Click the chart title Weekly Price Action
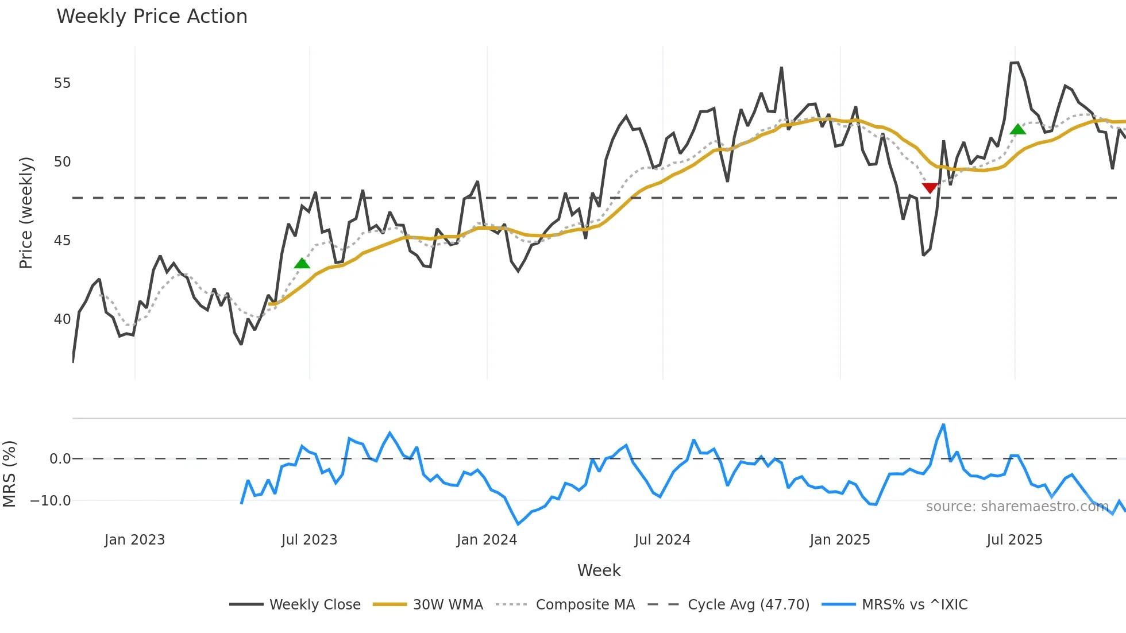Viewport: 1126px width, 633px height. click(152, 17)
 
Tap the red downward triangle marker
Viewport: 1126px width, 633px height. click(930, 188)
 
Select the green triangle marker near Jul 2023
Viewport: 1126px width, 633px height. click(302, 264)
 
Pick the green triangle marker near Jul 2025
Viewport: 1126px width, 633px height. click(1017, 129)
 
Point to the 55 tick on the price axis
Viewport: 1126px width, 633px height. click(62, 83)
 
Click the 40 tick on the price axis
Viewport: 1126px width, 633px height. click(62, 319)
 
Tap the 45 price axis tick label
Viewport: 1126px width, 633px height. click(62, 241)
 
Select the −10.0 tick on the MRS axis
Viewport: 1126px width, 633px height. click(51, 501)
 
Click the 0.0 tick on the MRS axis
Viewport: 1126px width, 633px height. click(60, 459)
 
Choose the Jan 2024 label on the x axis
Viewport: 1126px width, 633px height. click(487, 540)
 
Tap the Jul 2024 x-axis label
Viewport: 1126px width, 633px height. click(662, 540)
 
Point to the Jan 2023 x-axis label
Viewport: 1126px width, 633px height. click(134, 540)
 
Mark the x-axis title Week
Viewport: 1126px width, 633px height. click(599, 570)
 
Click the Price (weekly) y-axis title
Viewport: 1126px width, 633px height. click(26, 213)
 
